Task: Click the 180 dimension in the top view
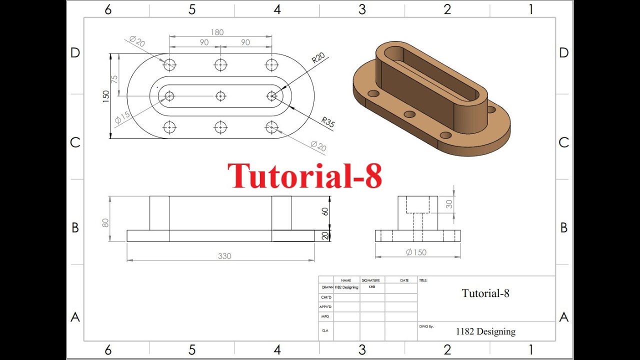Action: [217, 32]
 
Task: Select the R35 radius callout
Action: [328, 122]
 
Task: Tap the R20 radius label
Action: [318, 58]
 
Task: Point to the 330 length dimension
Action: [224, 256]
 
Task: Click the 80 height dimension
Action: [105, 223]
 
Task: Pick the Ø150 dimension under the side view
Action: [416, 252]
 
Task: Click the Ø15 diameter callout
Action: [122, 117]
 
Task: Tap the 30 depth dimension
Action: [449, 204]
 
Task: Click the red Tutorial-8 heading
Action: [304, 175]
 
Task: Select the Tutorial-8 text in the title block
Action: [485, 293]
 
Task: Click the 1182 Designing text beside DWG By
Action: [485, 331]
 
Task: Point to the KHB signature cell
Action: [372, 287]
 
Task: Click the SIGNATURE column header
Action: [371, 280]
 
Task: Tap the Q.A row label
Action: [325, 330]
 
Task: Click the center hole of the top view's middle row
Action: [220, 96]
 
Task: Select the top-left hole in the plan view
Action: [169, 64]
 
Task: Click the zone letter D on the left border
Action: [75, 53]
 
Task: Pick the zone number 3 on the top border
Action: [362, 9]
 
